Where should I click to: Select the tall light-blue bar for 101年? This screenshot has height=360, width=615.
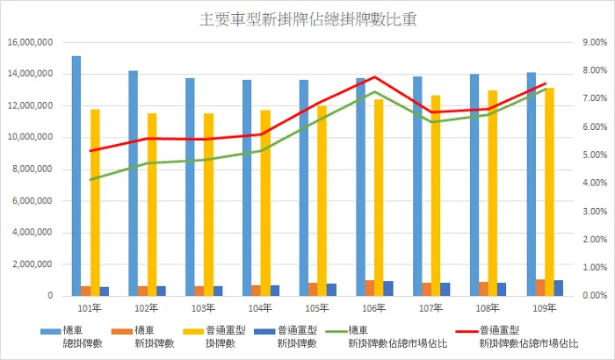click(x=76, y=176)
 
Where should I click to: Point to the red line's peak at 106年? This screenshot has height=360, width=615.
click(x=375, y=77)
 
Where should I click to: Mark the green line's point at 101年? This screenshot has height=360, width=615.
click(x=90, y=179)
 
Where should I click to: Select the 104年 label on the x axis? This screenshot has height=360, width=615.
click(x=261, y=308)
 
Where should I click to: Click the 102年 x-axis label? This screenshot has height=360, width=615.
click(x=148, y=308)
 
